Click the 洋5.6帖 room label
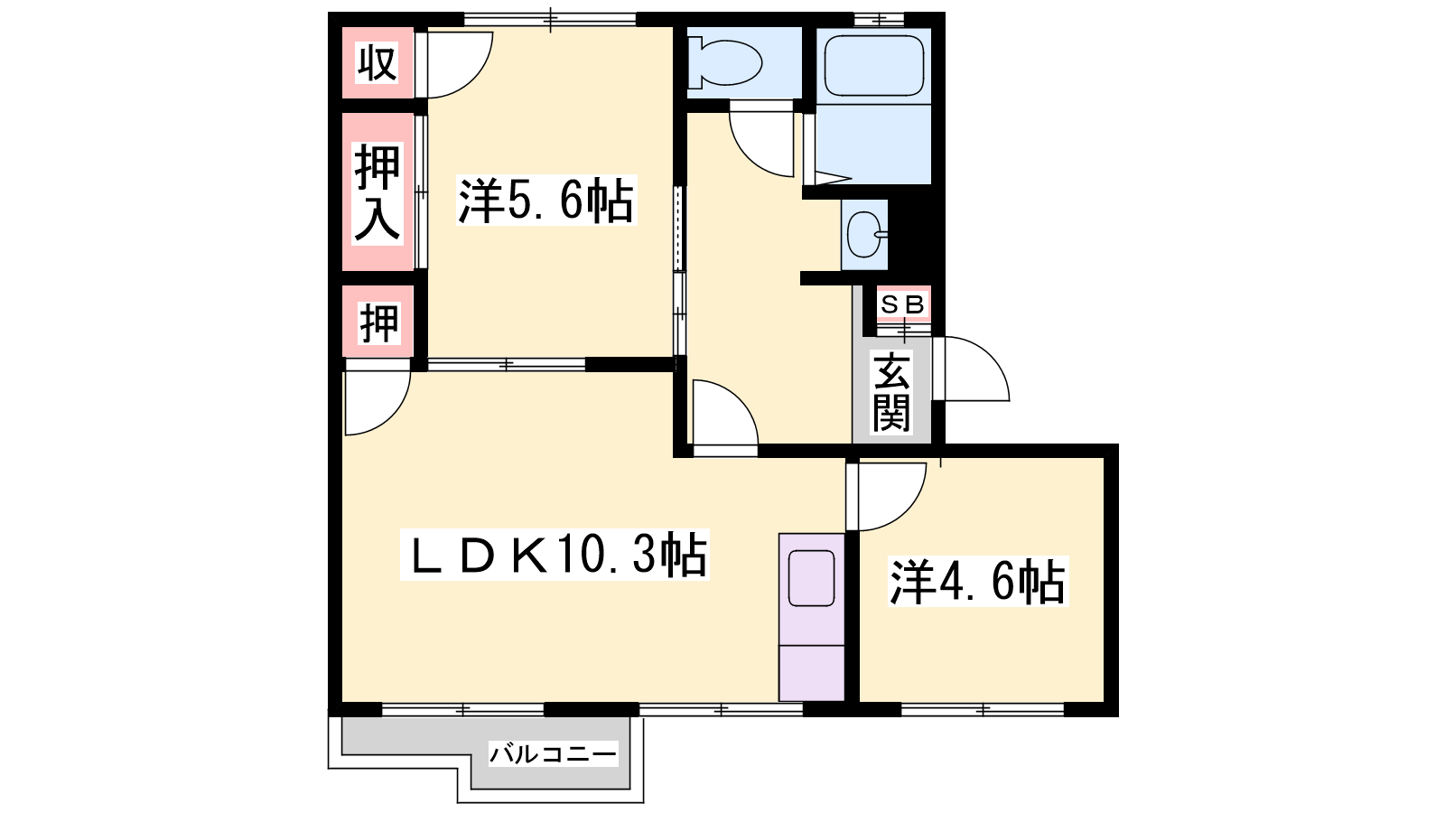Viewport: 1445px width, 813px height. [x=546, y=201]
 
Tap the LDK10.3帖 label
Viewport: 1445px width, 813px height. [x=555, y=555]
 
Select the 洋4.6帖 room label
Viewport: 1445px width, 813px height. [x=978, y=582]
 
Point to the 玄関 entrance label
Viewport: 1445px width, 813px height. [x=891, y=392]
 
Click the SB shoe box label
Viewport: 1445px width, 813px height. [x=903, y=304]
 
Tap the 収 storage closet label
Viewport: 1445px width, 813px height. [x=378, y=62]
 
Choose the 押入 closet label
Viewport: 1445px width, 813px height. [x=378, y=193]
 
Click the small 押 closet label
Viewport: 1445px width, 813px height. [x=379, y=322]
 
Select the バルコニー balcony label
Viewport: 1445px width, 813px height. [x=553, y=753]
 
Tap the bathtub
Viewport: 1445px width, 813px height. [x=874, y=65]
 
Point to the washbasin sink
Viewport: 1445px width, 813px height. [x=864, y=235]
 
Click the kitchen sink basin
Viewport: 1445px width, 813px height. [x=812, y=578]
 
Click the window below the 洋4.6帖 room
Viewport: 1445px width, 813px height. [x=983, y=710]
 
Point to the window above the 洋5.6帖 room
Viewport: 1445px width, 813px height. [x=550, y=19]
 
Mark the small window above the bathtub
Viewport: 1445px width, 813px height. [x=880, y=19]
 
